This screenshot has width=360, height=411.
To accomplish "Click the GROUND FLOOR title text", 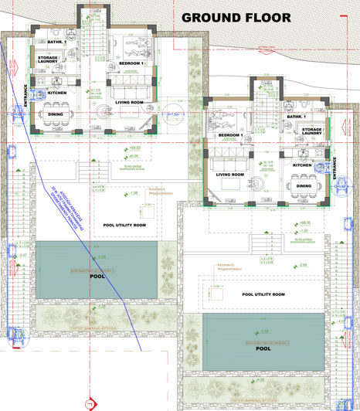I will click(x=236, y=17).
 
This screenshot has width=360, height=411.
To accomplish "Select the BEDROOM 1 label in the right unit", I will click(x=230, y=136).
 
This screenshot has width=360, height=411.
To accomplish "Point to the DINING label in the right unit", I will click(x=304, y=185).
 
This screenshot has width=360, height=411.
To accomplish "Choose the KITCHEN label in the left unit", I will click(x=58, y=93).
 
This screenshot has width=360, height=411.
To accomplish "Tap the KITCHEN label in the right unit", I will click(x=302, y=165).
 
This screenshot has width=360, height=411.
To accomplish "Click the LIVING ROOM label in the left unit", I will click(x=129, y=102).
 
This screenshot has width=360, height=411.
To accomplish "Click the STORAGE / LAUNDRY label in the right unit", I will click(x=312, y=133).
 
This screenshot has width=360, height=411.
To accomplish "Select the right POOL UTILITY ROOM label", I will click(x=263, y=294).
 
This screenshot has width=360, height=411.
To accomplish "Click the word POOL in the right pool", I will click(x=263, y=348).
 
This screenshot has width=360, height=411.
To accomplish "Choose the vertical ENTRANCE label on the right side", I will click(x=335, y=169).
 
